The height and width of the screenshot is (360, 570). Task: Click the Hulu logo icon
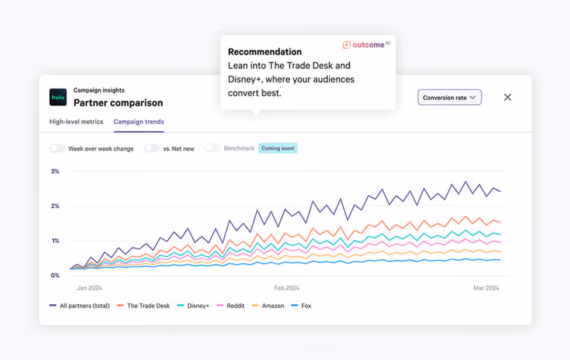(x=58, y=97)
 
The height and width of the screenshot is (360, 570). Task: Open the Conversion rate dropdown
(x=449, y=97)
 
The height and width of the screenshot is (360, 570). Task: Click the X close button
(x=507, y=97)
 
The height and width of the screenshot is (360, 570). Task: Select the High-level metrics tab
(x=76, y=122)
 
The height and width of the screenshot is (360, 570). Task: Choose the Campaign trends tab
(x=138, y=122)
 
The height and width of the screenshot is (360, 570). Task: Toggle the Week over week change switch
(x=57, y=148)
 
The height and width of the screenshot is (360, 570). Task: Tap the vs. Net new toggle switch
(x=152, y=148)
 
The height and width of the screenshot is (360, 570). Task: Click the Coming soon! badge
(x=278, y=148)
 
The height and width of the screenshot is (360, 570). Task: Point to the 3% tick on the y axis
(x=55, y=171)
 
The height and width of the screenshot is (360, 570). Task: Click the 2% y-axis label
(x=55, y=206)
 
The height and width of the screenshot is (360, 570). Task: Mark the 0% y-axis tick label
(x=55, y=275)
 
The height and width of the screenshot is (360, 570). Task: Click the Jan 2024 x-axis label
(x=90, y=288)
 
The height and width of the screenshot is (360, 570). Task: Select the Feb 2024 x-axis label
(x=287, y=288)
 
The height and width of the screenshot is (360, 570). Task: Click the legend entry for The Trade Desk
(x=148, y=305)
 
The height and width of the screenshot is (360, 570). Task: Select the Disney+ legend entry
(x=197, y=305)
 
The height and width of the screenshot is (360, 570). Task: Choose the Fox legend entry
(x=306, y=305)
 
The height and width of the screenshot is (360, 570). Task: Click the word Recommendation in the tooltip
(x=264, y=52)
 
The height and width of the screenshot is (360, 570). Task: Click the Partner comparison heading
(x=118, y=103)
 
